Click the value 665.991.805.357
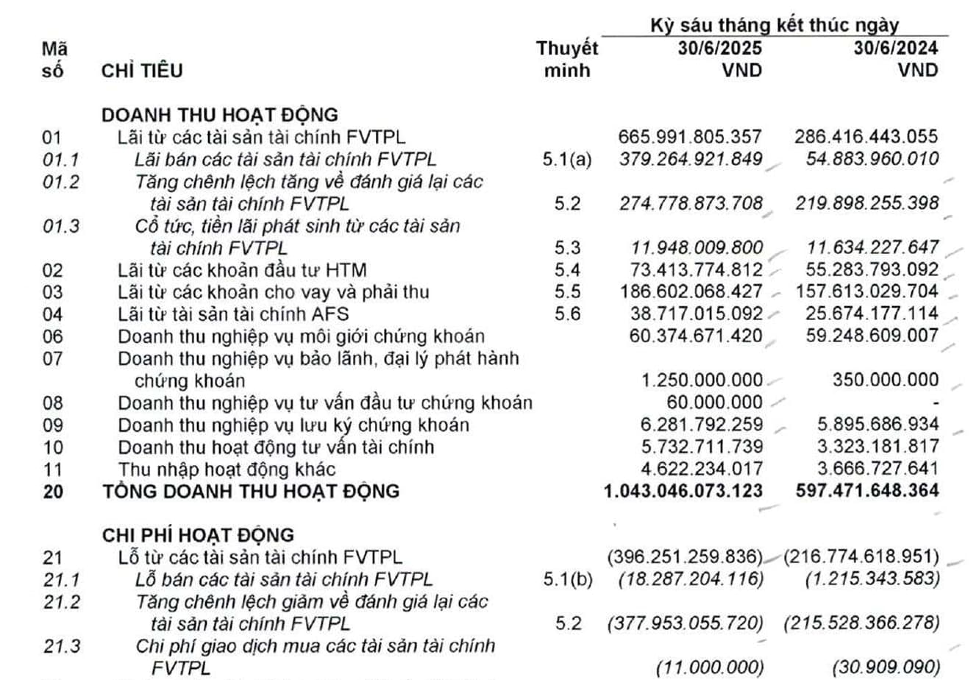coord(690,137)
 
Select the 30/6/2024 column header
coord(895,49)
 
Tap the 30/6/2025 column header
coord(719,49)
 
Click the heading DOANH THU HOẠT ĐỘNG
coord(219,115)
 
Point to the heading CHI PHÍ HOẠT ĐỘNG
coord(198,535)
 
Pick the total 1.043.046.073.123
coord(683,491)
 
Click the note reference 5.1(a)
coord(566,159)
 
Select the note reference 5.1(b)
coord(566,579)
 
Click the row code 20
coord(53,491)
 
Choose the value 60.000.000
coord(714,403)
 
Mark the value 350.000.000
coord(886,380)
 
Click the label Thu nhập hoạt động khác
coord(227,469)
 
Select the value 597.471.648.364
coord(867,491)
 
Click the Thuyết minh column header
coord(566,60)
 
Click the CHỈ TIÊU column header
coord(142,71)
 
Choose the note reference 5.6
coord(566,314)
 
